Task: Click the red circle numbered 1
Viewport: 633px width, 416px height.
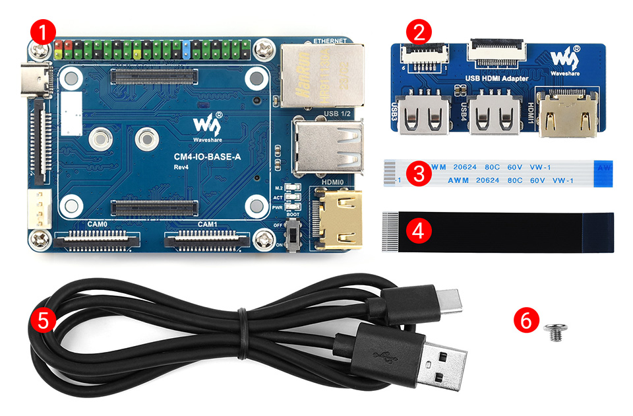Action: [x=43, y=31]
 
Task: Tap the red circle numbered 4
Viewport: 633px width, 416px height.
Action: [x=417, y=230]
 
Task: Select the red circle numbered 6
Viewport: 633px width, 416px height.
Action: [x=526, y=320]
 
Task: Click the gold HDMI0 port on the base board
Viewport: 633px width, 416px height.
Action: [x=338, y=218]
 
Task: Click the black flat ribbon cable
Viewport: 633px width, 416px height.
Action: [x=501, y=232]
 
